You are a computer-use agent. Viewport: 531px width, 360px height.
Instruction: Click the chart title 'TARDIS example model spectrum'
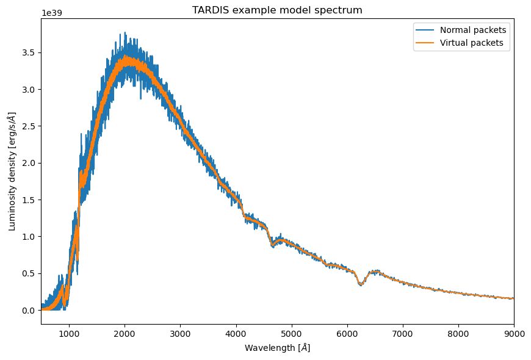[x=277, y=10]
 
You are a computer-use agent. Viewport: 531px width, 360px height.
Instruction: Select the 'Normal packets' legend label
[x=473, y=30]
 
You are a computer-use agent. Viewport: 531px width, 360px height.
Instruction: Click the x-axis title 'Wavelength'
[x=277, y=348]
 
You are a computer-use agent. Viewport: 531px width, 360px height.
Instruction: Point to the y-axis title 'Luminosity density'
[x=13, y=171]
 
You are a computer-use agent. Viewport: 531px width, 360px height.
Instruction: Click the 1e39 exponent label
[x=51, y=13]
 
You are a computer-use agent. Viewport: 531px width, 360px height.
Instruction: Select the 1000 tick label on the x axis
[x=69, y=333]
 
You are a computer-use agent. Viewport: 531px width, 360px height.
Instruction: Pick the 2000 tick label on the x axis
[x=125, y=333]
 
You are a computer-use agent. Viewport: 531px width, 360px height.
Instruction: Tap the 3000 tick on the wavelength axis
[x=180, y=333]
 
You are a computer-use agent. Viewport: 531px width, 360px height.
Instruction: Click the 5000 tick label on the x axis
[x=292, y=333]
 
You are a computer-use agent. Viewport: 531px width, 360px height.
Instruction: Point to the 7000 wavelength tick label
[x=403, y=333]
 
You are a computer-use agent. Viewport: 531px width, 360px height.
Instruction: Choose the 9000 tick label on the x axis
[x=513, y=333]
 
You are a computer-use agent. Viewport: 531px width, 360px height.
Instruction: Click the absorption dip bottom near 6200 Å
[x=361, y=285]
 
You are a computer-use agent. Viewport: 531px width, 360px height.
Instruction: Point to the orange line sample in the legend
[x=425, y=43]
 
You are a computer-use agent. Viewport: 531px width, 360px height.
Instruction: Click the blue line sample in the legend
[x=425, y=30]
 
